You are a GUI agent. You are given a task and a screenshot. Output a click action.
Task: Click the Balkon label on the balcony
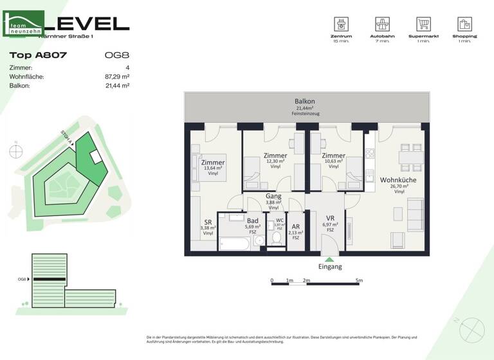coord(305,102)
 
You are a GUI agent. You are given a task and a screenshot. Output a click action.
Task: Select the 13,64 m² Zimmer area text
coord(213,168)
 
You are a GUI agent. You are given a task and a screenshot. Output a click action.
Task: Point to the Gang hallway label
coord(273,196)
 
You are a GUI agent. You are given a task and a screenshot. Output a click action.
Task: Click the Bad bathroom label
coord(253,220)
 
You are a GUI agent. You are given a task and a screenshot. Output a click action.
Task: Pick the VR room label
coord(329,217)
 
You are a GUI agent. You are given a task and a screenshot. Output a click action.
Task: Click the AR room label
coord(295,226)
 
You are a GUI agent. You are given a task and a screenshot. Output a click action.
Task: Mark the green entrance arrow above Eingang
coord(329,259)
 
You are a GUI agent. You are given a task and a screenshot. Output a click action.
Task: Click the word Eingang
coord(330,266)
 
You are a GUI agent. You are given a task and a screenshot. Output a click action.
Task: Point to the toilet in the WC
coord(278,238)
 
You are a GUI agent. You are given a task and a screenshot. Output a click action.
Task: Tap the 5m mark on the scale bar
coord(359,281)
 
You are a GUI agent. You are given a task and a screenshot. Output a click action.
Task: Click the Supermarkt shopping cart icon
coord(423,24)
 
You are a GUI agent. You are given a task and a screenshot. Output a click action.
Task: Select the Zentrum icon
coord(341,24)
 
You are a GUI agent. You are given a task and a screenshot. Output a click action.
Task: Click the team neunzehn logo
coord(24,24)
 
